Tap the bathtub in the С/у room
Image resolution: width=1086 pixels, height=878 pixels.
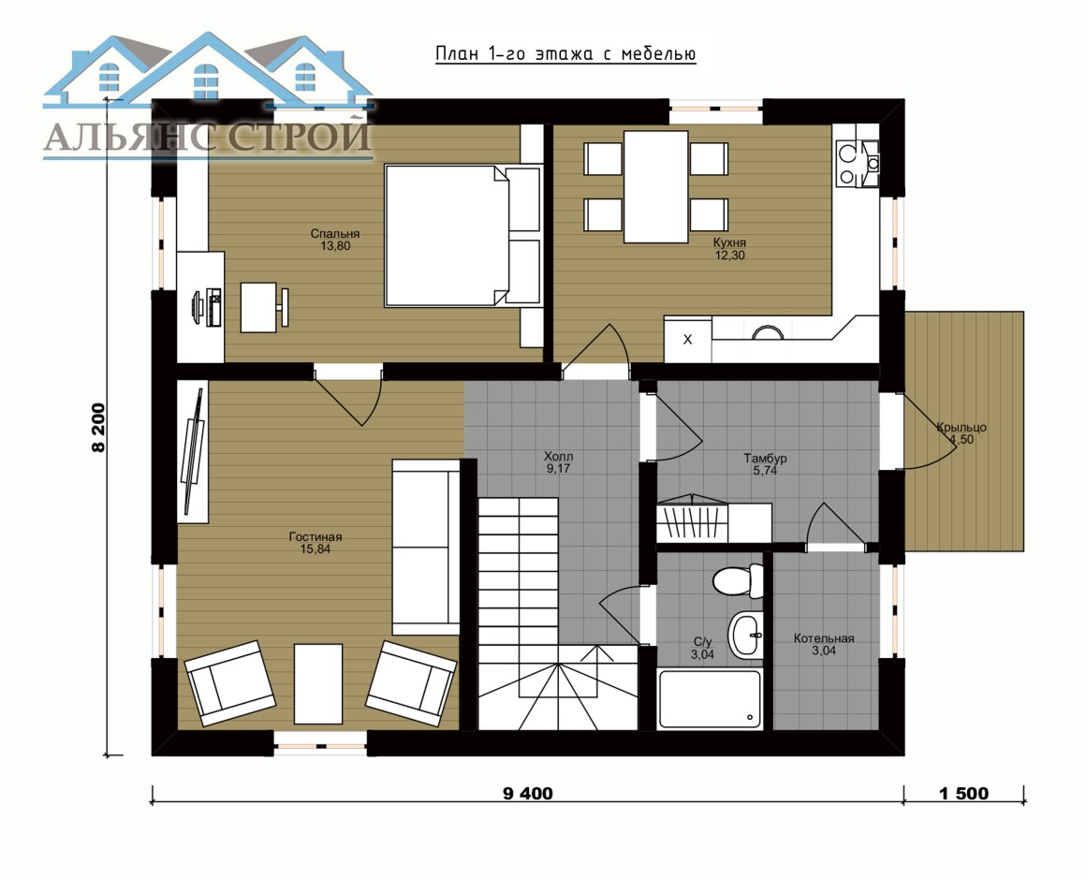tap(710, 698)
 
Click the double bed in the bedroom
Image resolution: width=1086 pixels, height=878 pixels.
tap(462, 236)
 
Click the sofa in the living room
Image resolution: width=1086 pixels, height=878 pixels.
tap(425, 547)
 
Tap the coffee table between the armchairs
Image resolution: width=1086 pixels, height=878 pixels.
tap(318, 683)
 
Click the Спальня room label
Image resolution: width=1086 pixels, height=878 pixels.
tap(334, 240)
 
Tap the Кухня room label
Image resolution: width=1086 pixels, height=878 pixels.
tap(730, 249)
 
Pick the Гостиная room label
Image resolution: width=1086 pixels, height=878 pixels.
tap(316, 543)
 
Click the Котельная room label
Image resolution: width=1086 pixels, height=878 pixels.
tap(824, 645)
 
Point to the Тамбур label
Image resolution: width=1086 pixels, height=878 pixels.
tap(765, 464)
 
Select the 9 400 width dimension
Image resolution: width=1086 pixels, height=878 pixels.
tap(528, 794)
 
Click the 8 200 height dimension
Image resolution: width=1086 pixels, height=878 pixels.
tap(98, 428)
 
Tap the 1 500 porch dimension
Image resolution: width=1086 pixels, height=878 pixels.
tap(963, 794)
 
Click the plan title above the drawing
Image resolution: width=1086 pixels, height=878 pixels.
tap(565, 54)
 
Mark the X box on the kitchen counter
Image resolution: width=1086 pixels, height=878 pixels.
tap(687, 339)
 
